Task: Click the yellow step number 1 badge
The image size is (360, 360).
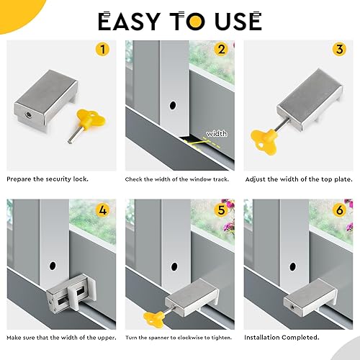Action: [102, 49]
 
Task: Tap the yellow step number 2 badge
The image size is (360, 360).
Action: [221, 49]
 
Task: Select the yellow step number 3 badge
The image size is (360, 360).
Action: [339, 49]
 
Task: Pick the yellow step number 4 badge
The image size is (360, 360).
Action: [102, 210]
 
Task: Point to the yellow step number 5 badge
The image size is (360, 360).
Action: [221, 210]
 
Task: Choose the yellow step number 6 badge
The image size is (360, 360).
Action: [339, 210]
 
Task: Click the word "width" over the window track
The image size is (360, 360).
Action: [217, 133]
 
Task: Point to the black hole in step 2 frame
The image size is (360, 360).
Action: [172, 105]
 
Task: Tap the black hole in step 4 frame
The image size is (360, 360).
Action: [53, 266]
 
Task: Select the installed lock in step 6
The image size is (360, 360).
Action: [310, 297]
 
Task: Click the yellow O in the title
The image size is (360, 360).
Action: [195, 21]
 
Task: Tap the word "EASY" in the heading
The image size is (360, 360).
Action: [129, 21]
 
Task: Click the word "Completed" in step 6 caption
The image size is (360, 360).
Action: [300, 338]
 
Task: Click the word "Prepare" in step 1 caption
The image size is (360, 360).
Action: [19, 179]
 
